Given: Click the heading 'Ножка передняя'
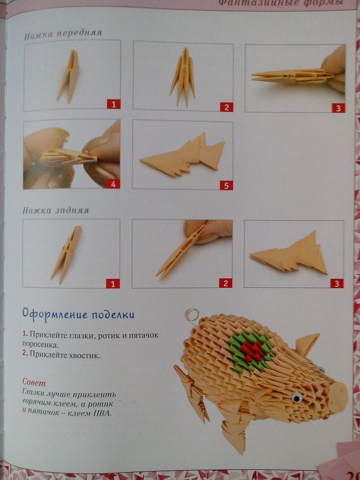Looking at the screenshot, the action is pyautogui.click(x=63, y=34).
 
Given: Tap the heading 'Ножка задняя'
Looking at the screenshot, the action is pyautogui.click(x=56, y=211).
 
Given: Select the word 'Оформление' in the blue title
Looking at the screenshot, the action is pyautogui.click(x=55, y=315).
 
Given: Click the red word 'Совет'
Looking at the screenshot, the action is pyautogui.click(x=34, y=382).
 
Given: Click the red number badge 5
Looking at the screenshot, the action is pyautogui.click(x=226, y=185).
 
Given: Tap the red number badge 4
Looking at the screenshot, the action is pyautogui.click(x=113, y=183).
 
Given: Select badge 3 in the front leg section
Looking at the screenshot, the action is pyautogui.click(x=338, y=108).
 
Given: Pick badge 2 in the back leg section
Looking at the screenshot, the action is pyautogui.click(x=226, y=283).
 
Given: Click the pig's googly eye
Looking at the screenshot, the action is pyautogui.click(x=297, y=398).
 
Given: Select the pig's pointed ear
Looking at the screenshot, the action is pyautogui.click(x=306, y=344).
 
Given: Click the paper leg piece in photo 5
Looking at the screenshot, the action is pyautogui.click(x=183, y=155).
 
